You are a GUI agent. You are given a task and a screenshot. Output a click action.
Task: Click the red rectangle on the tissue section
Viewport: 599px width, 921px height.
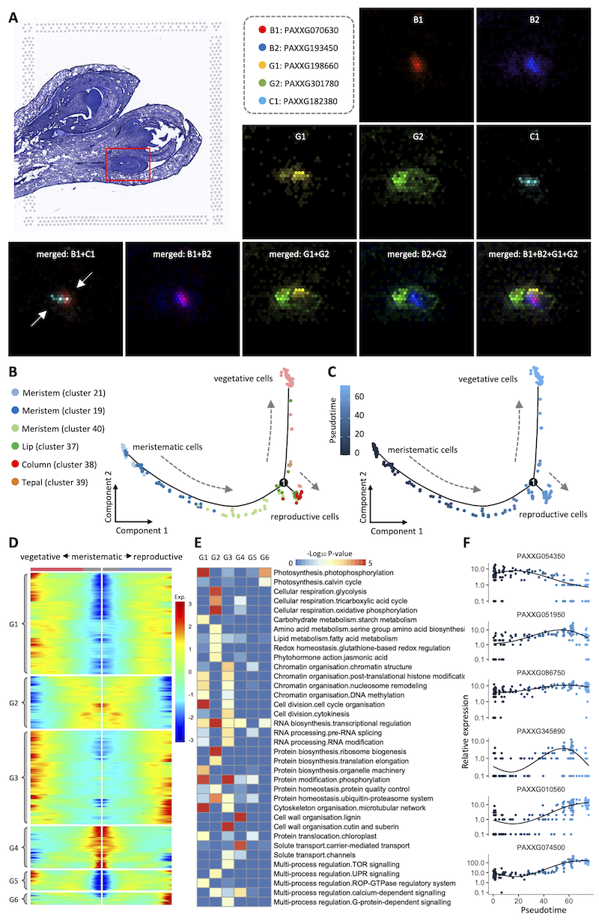click(x=128, y=164)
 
